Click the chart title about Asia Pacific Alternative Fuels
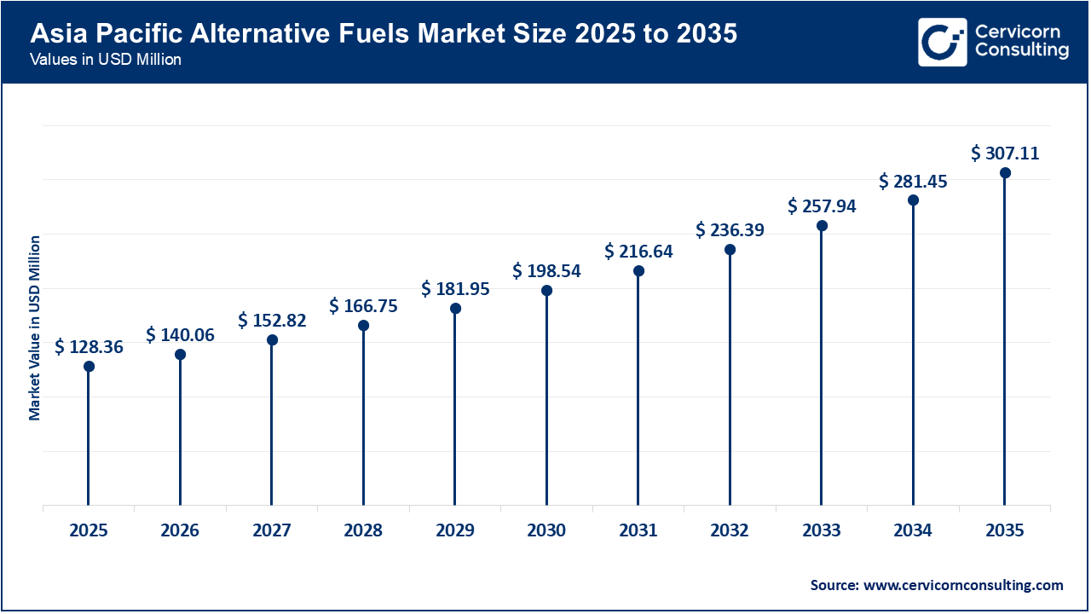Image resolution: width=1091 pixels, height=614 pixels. coord(384,34)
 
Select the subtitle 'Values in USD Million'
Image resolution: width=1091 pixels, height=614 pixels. coord(105,61)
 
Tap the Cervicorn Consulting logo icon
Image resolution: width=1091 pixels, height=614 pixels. coord(942,42)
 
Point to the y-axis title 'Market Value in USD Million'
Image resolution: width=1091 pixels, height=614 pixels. coord(35,327)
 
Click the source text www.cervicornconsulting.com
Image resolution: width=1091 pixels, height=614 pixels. coord(937,585)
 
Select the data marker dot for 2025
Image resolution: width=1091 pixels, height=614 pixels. coord(89,366)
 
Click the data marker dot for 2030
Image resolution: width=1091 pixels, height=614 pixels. coord(546,291)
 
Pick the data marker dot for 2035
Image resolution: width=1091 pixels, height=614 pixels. coord(1005,173)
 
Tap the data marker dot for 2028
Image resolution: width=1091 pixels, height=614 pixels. coord(363,325)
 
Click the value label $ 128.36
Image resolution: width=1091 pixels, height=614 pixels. coord(89,346)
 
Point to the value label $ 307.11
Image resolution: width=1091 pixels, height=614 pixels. coord(1005,153)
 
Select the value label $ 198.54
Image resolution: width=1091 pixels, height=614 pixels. coord(546,271)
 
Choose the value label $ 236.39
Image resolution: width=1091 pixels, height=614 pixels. coord(730,230)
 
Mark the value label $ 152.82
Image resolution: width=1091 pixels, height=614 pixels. coord(272,321)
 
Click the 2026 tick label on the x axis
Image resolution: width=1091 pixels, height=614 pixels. coord(180,530)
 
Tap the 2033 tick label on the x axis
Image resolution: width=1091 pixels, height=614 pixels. coord(821,530)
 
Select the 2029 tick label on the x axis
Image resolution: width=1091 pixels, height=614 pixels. coord(455,530)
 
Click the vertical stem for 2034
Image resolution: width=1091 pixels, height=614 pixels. coord(913,358)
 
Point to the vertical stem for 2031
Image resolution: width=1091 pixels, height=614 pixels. coord(638,392)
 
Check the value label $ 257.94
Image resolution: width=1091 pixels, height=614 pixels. coord(822,206)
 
